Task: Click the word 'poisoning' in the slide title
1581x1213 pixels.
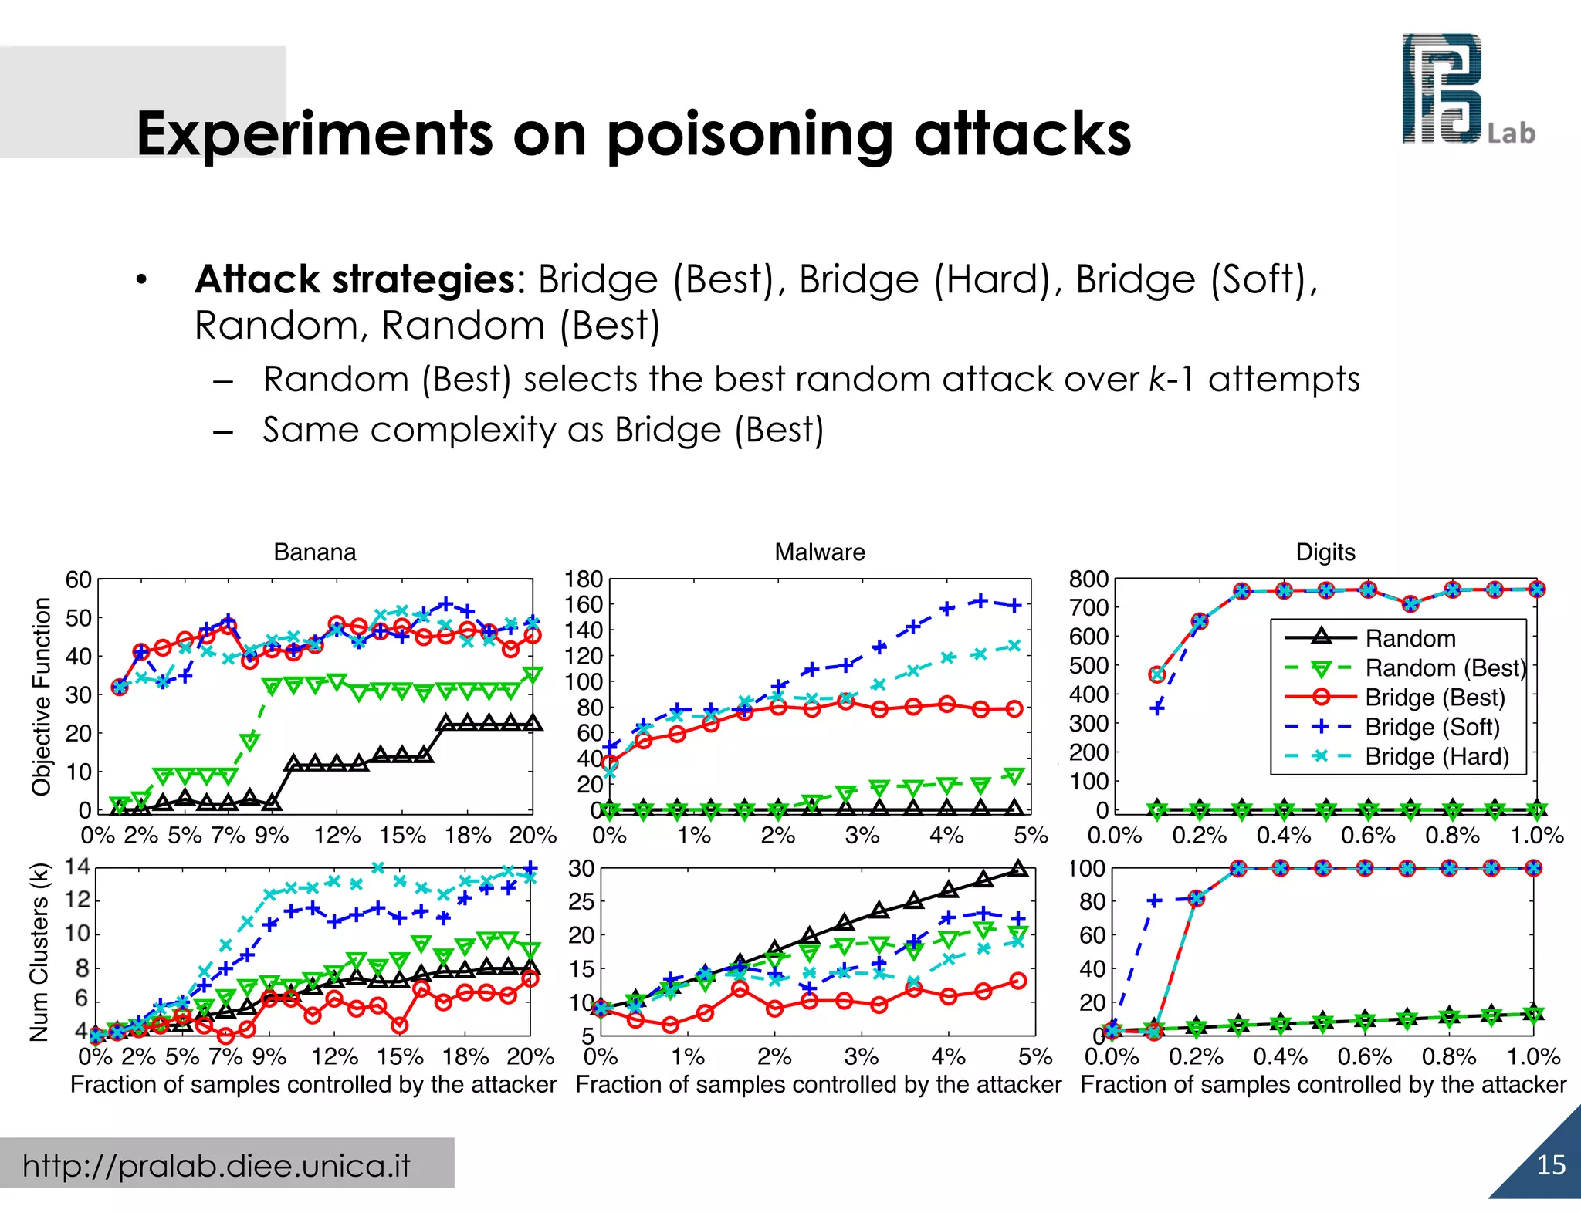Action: coord(748,134)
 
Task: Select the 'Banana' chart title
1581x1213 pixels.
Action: coord(315,552)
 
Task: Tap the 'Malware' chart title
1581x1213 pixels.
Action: coord(820,552)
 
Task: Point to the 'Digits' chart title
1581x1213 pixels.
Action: coord(1325,552)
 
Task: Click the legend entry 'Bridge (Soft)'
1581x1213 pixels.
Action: coord(1432,727)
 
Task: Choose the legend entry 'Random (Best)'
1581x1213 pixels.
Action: coord(1445,668)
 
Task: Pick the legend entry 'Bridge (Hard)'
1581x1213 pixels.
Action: coord(1437,756)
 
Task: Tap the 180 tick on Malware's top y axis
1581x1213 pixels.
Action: coord(583,579)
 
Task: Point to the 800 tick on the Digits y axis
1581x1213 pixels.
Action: coord(1088,579)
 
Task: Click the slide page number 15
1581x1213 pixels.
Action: coord(1551,1165)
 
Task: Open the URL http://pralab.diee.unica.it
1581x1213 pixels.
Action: coord(216,1165)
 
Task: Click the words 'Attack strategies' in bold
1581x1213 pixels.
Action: coord(355,279)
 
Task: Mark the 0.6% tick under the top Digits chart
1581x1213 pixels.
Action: coord(1367,836)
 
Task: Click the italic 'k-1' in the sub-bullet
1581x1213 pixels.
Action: coord(1171,380)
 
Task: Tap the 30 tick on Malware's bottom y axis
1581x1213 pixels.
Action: coord(581,869)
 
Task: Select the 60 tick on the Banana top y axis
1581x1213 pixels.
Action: coord(79,579)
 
